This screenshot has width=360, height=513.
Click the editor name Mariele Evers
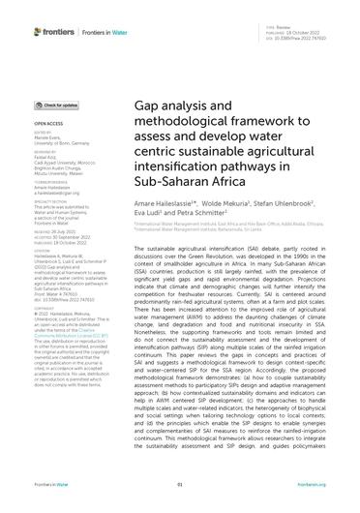45,140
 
